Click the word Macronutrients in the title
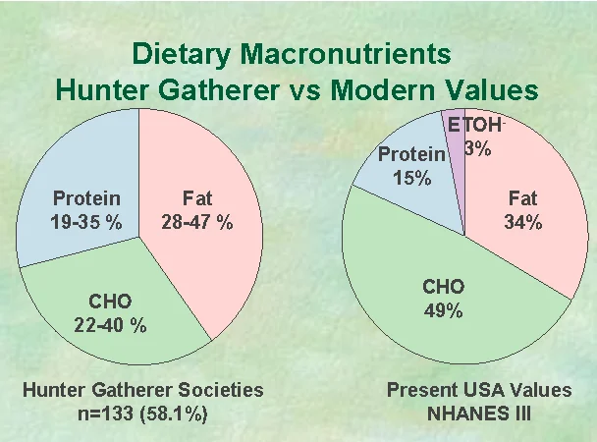[x=346, y=54]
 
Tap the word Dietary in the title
[x=182, y=55]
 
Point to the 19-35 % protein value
[x=86, y=222]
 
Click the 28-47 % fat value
[x=196, y=222]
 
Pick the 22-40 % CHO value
[x=110, y=325]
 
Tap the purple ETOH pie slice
[x=455, y=160]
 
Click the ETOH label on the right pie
[x=475, y=125]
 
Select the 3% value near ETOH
[x=478, y=148]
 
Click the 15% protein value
[x=412, y=178]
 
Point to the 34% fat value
[x=523, y=222]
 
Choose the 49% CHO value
[x=443, y=310]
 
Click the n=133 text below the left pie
[x=106, y=414]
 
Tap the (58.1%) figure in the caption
[x=174, y=414]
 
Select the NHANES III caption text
[x=479, y=414]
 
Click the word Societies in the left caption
[x=221, y=390]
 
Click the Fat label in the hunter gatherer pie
[x=197, y=198]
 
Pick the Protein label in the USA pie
[x=411, y=154]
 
